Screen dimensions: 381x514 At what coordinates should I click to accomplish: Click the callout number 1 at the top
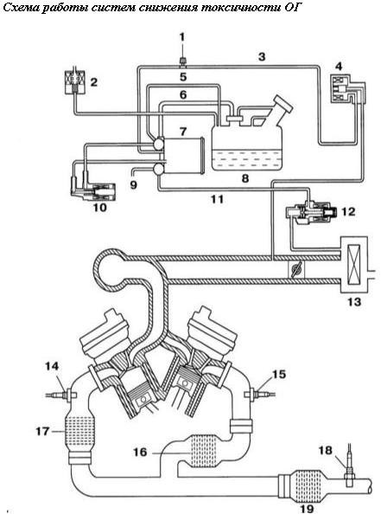(x=181, y=36)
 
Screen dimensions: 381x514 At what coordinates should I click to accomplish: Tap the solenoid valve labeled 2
(x=74, y=82)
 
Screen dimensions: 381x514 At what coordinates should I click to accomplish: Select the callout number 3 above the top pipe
(x=262, y=57)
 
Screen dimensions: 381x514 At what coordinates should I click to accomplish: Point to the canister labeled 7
(x=182, y=155)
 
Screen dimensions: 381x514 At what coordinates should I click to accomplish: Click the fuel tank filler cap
(x=283, y=103)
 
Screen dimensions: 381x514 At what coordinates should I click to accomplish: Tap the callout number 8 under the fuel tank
(x=244, y=178)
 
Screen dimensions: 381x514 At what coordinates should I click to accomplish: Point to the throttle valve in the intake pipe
(x=295, y=271)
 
